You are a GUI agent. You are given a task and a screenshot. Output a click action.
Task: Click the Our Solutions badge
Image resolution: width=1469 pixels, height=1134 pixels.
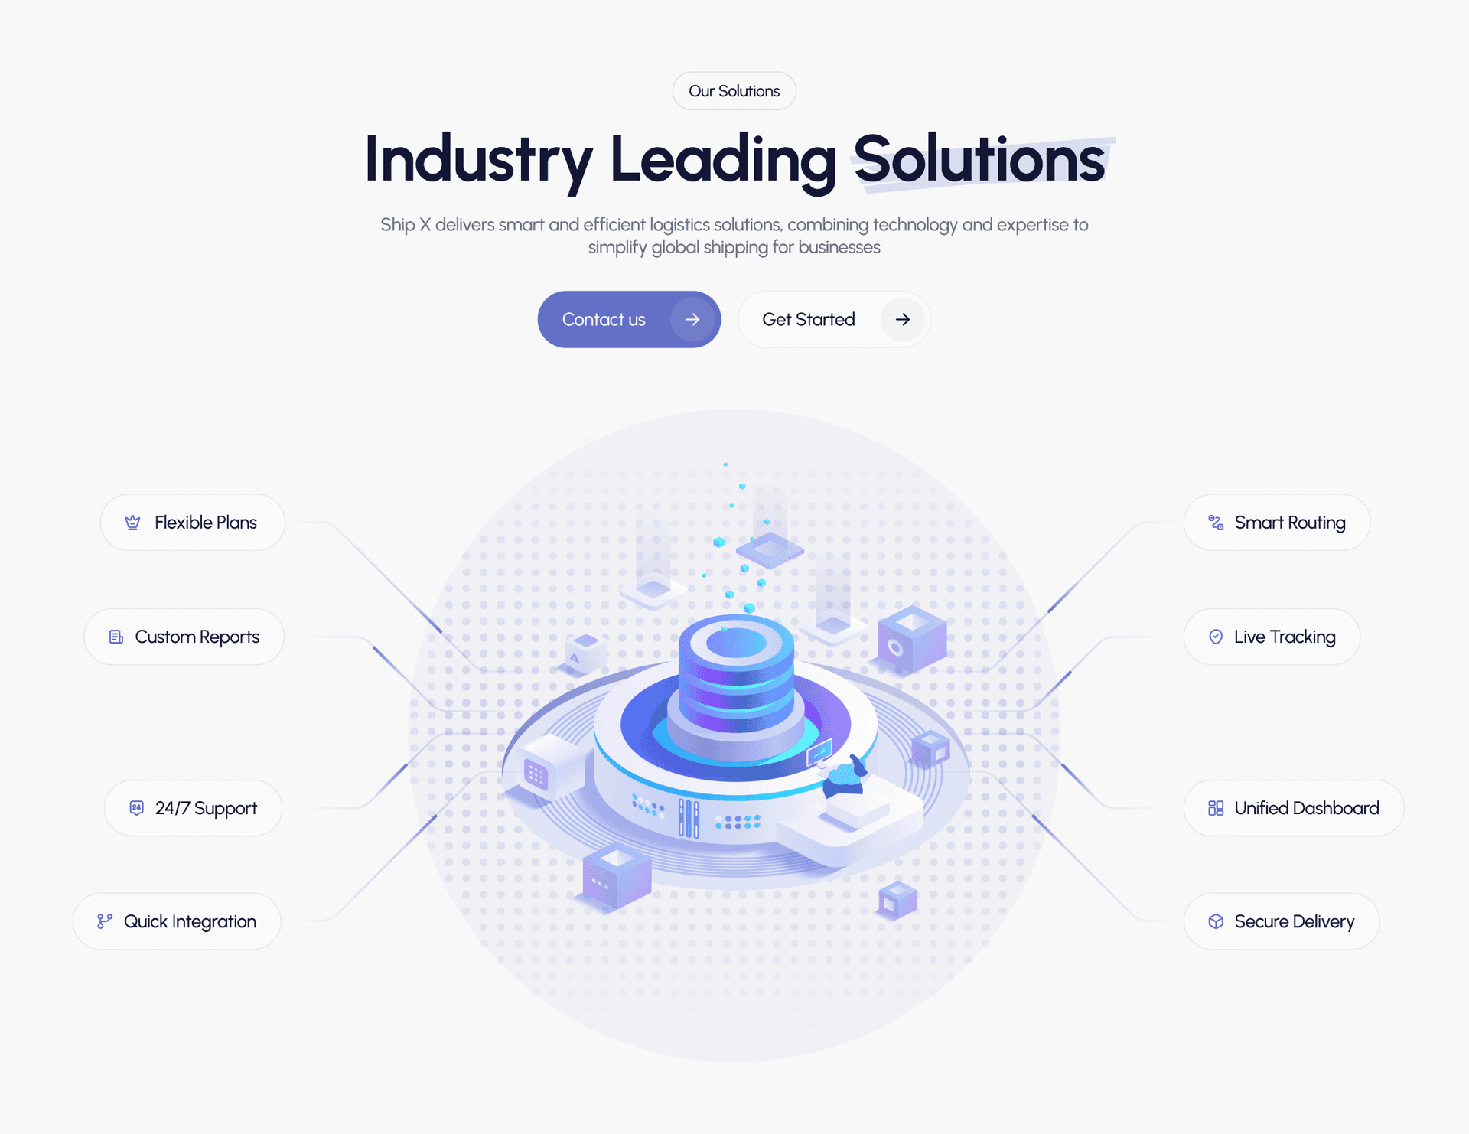(x=734, y=91)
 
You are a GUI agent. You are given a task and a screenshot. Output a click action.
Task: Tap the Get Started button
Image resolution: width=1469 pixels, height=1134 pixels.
(x=834, y=319)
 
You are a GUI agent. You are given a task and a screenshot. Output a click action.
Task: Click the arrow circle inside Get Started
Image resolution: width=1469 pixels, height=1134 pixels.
(x=903, y=319)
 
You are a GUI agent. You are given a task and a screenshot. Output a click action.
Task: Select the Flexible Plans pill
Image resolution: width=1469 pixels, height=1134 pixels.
(x=193, y=523)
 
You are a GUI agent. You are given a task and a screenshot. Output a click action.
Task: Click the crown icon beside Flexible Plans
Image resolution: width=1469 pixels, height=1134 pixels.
(x=132, y=523)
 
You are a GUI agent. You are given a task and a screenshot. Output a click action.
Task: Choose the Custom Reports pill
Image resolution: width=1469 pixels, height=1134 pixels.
(x=184, y=637)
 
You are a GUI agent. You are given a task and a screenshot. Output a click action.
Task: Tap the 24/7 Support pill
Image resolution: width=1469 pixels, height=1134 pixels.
(x=194, y=808)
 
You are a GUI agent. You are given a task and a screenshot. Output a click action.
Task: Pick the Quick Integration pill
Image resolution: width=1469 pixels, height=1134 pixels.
(x=177, y=921)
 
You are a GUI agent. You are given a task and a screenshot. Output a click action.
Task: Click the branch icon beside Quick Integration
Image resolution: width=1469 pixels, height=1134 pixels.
(x=105, y=921)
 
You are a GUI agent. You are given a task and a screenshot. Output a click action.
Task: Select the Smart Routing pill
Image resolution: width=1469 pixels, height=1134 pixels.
(x=1277, y=523)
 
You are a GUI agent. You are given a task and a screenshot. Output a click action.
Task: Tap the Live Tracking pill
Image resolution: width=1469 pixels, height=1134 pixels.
(x=1272, y=637)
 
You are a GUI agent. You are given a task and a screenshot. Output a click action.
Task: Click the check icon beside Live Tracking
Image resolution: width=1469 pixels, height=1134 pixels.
(x=1216, y=637)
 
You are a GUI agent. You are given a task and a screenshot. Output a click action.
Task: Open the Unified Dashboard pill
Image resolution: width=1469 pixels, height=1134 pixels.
(x=1294, y=808)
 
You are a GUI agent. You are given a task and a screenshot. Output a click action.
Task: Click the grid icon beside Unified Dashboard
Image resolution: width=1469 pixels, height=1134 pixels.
(x=1216, y=808)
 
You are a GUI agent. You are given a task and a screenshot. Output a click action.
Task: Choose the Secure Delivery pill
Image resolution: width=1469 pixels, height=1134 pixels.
(x=1282, y=921)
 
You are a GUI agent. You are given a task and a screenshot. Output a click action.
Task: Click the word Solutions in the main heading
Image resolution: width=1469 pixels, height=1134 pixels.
(x=979, y=159)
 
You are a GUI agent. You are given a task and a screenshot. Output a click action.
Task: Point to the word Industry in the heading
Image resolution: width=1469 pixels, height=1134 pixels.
(x=479, y=161)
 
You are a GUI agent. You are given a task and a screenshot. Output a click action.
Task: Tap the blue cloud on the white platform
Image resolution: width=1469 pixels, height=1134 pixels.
(x=845, y=779)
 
